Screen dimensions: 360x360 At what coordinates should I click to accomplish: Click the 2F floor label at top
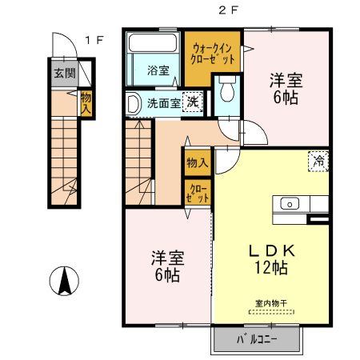225,10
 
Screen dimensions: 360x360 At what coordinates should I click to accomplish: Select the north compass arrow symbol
66,281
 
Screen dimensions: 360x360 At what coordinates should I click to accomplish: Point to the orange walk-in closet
213,54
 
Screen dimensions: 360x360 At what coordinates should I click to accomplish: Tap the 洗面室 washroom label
162,102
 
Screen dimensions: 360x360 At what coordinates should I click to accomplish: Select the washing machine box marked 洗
192,102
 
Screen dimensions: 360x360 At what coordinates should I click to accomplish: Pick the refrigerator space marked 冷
318,160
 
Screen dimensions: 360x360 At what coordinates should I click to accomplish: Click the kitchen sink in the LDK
289,202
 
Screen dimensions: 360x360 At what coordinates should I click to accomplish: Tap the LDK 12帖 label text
270,258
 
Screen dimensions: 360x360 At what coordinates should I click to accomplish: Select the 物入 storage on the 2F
197,163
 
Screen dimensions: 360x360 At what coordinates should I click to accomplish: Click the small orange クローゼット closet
197,192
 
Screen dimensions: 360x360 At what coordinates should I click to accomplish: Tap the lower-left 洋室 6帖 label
167,266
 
